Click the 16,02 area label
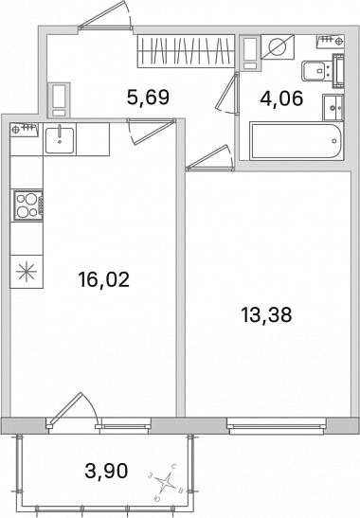104,279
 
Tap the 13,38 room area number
266,314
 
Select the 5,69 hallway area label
148,98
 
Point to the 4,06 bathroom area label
281,98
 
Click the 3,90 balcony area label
106,471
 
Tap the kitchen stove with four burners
27,205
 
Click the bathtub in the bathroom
296,141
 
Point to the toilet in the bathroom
316,70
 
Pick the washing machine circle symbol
277,47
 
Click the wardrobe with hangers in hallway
186,51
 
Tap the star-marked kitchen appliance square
27,272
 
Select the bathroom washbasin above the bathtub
333,108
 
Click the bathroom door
227,93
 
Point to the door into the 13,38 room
210,158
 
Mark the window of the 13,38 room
277,425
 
